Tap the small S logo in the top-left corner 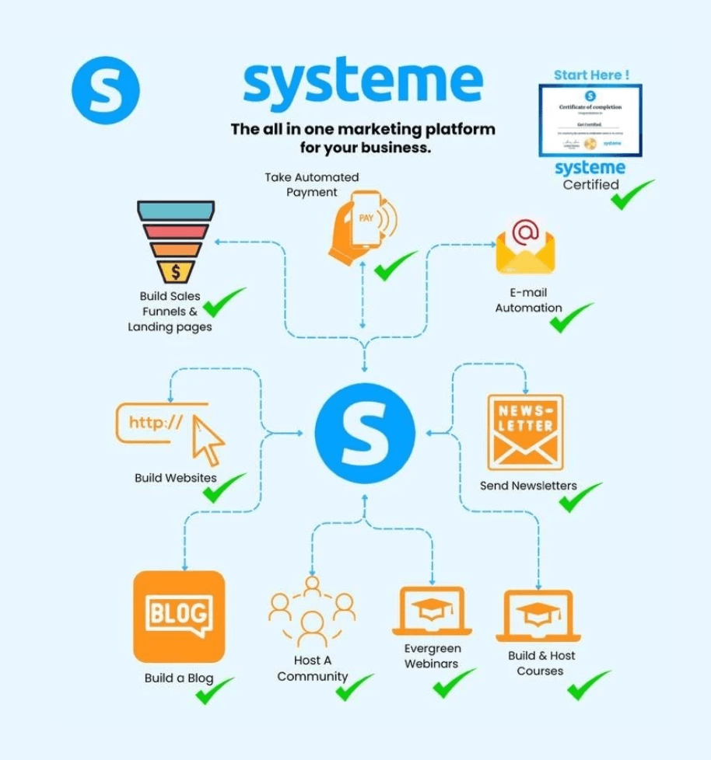click(106, 89)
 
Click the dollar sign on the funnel click(177, 271)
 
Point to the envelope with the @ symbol click(525, 246)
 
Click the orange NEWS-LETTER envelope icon click(525, 432)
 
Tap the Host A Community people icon click(312, 612)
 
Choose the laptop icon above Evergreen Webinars click(431, 611)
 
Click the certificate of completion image click(590, 120)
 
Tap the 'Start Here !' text click(591, 75)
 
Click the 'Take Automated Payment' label click(311, 184)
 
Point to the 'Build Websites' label click(176, 478)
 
